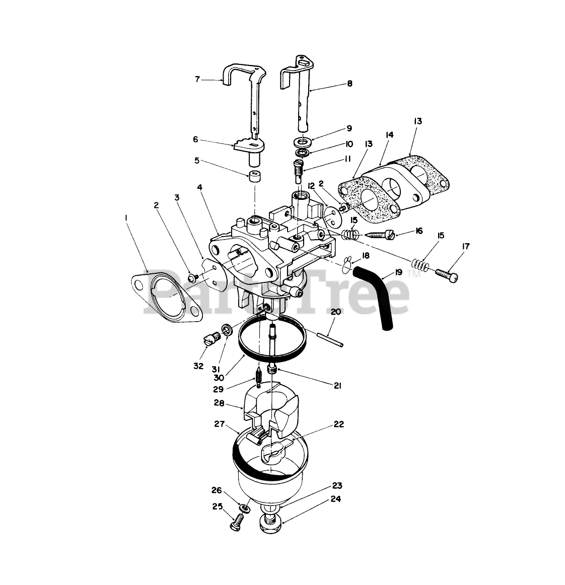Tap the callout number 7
pos(197,79)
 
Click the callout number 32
pos(198,365)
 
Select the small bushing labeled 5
pos(254,178)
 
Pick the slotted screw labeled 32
pos(212,338)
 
